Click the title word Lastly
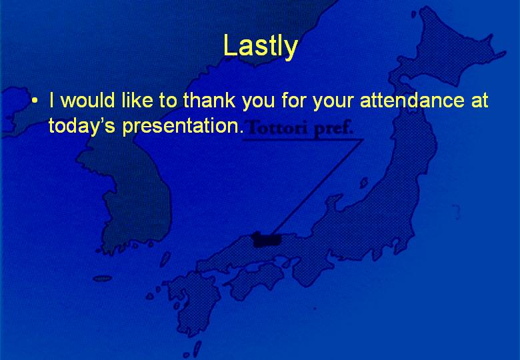260,47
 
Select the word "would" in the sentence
89,100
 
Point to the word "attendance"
412,100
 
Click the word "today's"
81,126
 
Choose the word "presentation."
183,127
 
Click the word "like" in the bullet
137,100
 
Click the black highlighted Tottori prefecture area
267,240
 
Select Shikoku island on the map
255,280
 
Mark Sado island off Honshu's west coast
364,183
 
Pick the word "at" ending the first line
479,100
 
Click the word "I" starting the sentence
51,100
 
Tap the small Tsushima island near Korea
165,259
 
